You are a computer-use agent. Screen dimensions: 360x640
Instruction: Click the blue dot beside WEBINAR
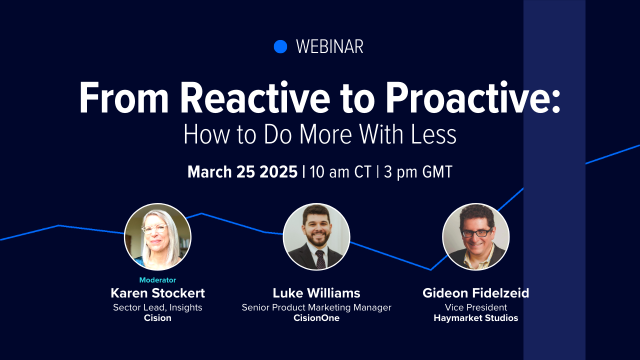280,46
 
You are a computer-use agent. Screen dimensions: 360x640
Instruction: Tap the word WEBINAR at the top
329,47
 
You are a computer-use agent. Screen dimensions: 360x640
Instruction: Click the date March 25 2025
242,172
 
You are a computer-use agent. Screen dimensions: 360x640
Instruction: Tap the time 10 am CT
340,172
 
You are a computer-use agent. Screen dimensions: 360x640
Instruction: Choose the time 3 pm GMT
417,172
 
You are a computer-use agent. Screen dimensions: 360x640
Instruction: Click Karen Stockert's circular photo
157,236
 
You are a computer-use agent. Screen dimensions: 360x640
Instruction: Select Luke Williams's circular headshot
316,236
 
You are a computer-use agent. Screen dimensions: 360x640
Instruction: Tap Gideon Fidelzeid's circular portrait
476,236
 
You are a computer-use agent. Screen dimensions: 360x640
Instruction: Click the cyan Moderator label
157,280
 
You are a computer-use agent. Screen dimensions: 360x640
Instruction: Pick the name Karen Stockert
157,293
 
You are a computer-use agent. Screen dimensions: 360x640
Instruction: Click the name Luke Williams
316,293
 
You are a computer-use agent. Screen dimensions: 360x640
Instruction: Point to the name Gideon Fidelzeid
476,293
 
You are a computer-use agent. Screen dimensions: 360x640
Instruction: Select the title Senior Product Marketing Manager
316,307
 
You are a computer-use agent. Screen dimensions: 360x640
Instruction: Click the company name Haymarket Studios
476,318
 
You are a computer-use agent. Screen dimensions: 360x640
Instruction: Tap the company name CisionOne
316,318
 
